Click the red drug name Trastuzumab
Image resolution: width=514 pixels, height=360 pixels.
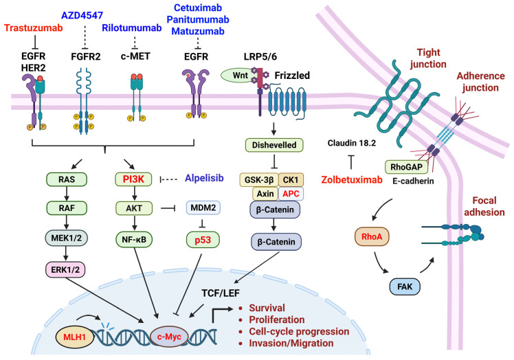coord(34,28)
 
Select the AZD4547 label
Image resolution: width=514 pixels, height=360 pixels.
coord(82,15)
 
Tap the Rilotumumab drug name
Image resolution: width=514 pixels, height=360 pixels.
coord(132,28)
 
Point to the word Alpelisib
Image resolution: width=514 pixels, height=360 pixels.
coord(204,178)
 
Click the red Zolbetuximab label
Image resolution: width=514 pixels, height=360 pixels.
coord(352,180)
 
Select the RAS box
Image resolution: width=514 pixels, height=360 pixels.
coord(67,179)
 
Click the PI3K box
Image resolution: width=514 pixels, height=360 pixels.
coord(133,179)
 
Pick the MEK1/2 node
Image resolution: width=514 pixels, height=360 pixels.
coord(67,238)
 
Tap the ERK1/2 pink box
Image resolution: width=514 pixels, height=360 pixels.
coord(65,269)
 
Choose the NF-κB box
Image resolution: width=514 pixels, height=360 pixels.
coord(134,240)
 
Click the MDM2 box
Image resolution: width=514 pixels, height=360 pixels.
coord(203,207)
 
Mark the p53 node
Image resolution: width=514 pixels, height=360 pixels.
coord(203,240)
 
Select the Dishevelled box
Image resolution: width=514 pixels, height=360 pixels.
coord(274,145)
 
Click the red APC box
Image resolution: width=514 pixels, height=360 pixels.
coord(291,194)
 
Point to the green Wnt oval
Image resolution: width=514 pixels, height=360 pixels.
coord(240,75)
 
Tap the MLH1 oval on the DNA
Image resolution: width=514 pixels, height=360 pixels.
coord(74,337)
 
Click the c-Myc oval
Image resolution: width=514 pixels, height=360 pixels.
coord(169,337)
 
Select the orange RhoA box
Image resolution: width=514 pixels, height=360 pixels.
coord(372,236)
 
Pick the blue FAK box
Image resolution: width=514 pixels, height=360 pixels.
coord(405,286)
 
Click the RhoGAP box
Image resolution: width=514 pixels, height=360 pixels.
coord(407,167)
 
